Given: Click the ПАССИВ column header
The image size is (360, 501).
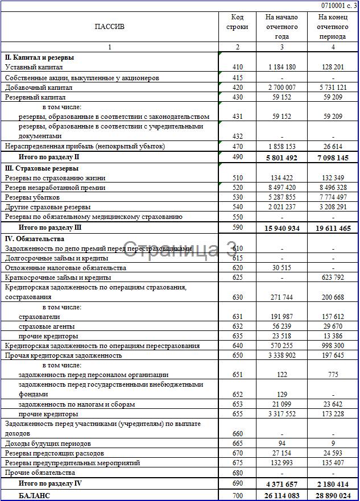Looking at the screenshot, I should pyautogui.click(x=110, y=27).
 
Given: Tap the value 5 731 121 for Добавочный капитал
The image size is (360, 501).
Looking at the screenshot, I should pyautogui.click(x=333, y=88).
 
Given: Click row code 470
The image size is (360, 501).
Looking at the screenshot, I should pyautogui.click(x=237, y=146).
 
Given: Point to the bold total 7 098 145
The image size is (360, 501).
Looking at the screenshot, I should pyautogui.click(x=332, y=157).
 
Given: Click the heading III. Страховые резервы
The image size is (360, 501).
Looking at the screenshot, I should pyautogui.click(x=42, y=168).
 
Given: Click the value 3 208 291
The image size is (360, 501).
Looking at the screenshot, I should pyautogui.click(x=333, y=207).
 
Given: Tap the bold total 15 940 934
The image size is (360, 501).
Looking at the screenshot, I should pyautogui.click(x=280, y=228).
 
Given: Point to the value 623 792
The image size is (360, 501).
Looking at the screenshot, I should pyautogui.click(x=333, y=278).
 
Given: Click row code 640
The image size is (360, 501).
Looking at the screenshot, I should pyautogui.click(x=237, y=346).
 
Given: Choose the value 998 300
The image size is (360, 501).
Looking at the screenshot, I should pyautogui.click(x=333, y=346).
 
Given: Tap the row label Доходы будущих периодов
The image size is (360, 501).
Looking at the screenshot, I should pyautogui.click(x=48, y=444).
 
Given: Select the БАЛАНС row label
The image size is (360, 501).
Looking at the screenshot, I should pyautogui.click(x=35, y=496).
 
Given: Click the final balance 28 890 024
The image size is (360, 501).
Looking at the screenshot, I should pyautogui.click(x=332, y=496).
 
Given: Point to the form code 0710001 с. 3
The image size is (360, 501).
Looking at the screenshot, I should pyautogui.click(x=340, y=5).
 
